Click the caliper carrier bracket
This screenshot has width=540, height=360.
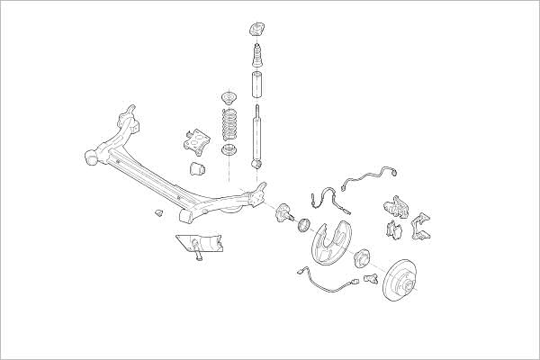(421, 226)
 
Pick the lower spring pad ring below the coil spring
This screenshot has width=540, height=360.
(229, 149)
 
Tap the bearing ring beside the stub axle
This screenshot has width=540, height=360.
(304, 223)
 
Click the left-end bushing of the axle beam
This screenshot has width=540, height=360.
(90, 157)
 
